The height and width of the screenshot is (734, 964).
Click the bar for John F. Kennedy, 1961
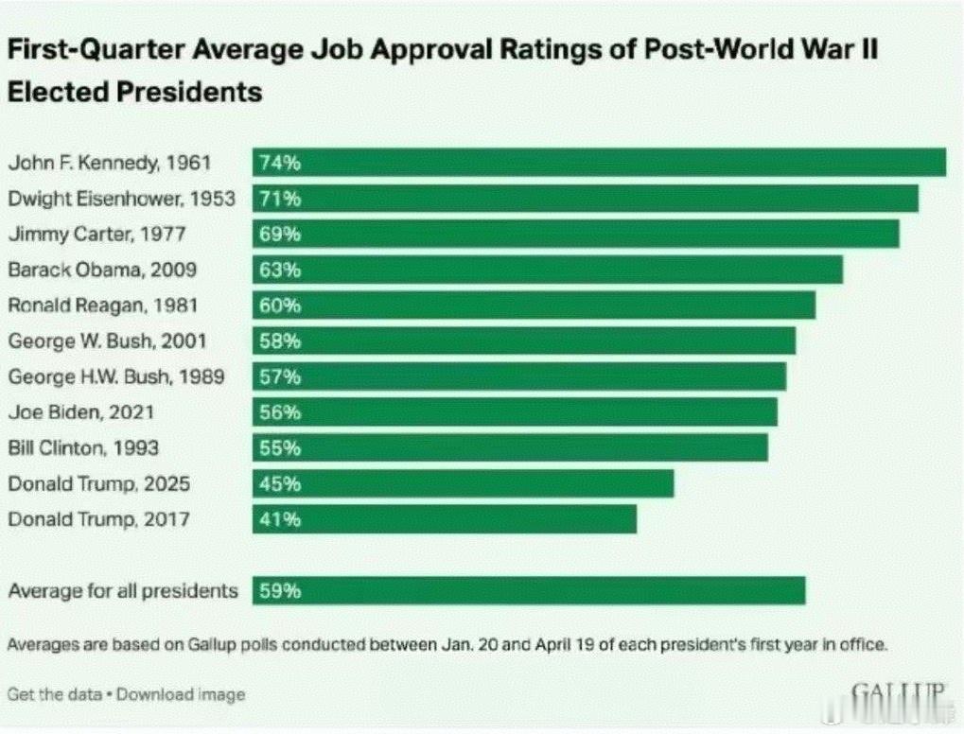coord(599,163)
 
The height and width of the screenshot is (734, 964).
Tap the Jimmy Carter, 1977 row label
coord(97,234)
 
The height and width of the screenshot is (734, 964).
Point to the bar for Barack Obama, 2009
coord(547,270)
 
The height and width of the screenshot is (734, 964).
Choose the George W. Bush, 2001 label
coord(107,341)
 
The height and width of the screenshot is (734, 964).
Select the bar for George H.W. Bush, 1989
coord(518,376)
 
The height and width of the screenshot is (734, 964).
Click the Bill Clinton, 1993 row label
coord(83,447)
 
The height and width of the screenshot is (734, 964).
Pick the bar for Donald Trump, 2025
coord(463,483)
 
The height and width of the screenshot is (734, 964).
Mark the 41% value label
coord(278,519)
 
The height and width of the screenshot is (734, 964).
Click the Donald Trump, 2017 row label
coord(99,519)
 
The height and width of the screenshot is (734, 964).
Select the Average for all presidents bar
coord(529,591)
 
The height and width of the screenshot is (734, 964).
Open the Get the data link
coord(52,694)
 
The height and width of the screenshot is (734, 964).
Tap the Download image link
coord(184,694)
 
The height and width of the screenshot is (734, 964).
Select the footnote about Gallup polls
coord(447,645)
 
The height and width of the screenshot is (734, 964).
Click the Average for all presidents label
coord(123,591)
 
